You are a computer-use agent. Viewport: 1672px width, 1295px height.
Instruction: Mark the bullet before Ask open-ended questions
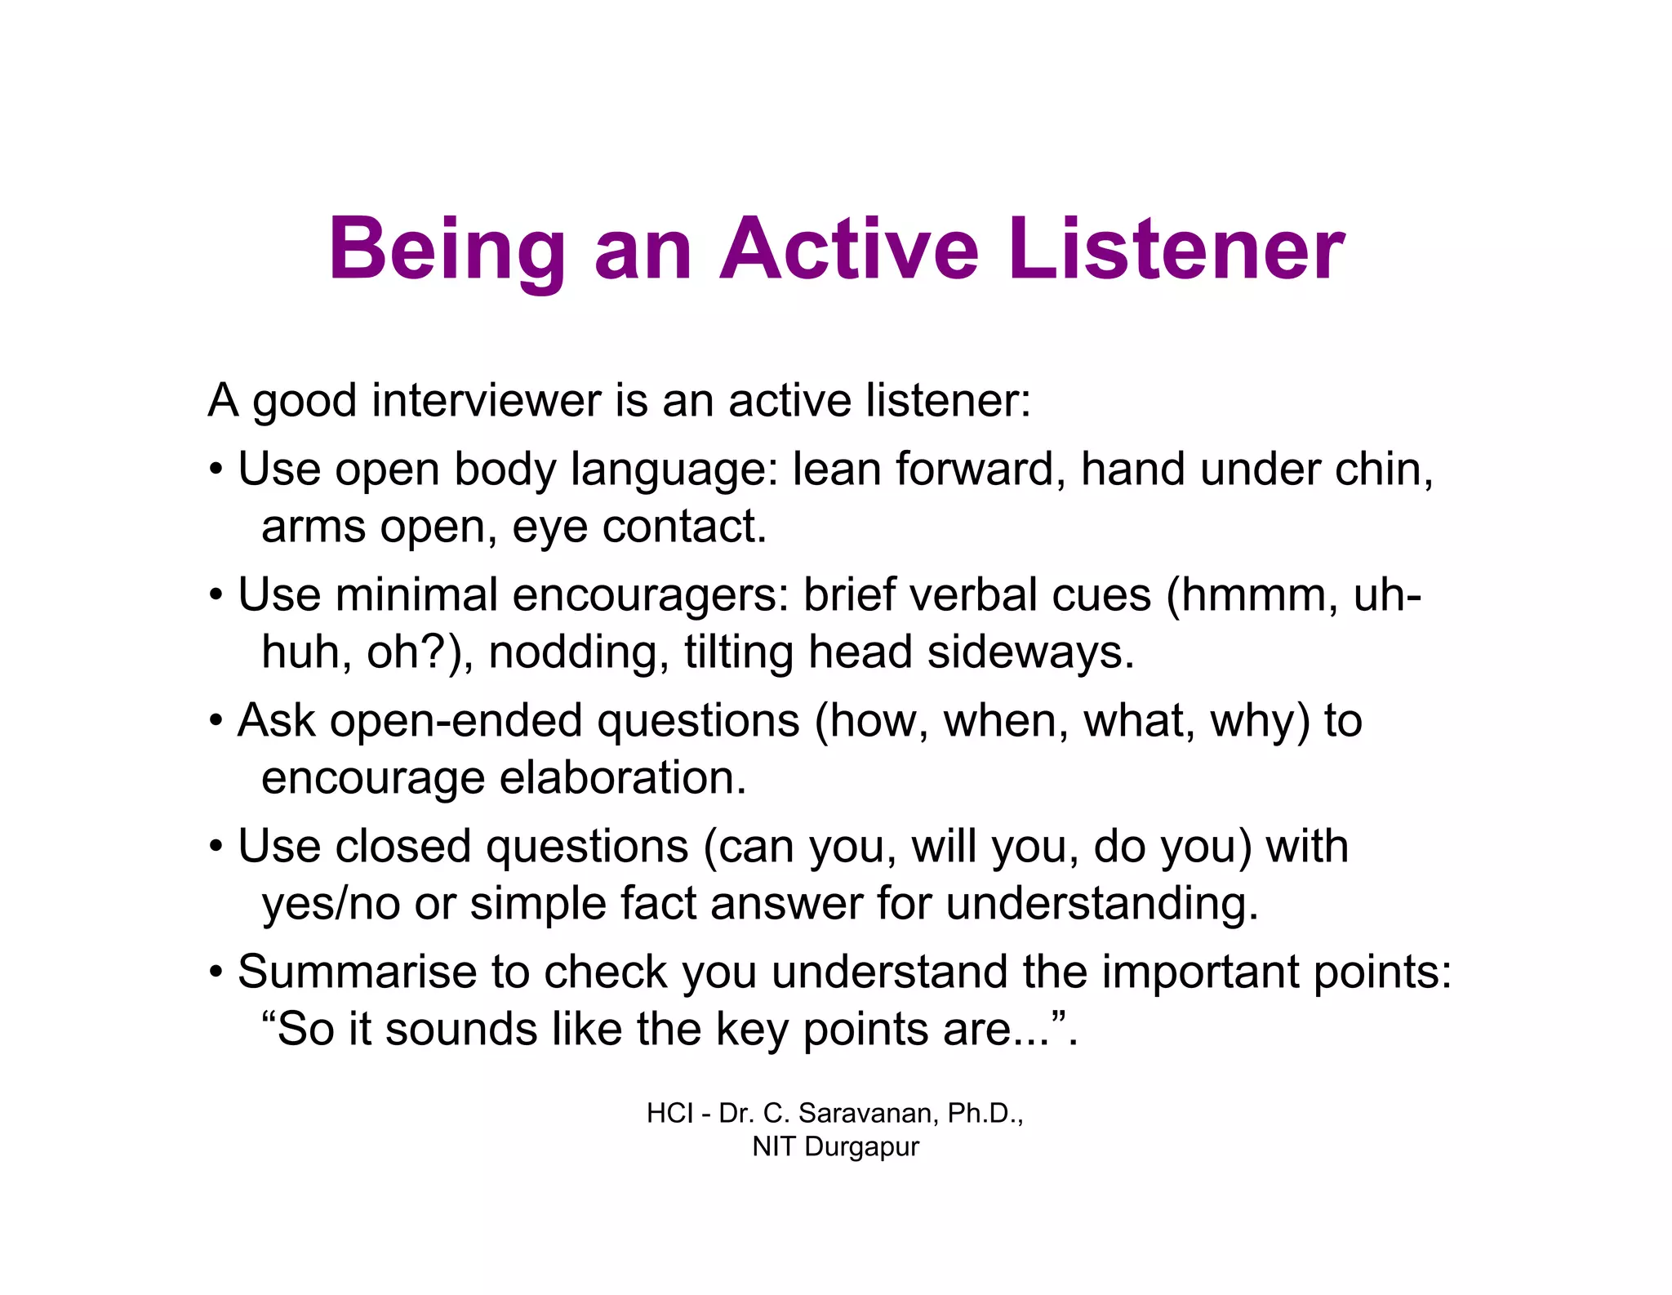[x=216, y=722]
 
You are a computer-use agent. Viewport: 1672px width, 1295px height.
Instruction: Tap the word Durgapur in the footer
[x=861, y=1146]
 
